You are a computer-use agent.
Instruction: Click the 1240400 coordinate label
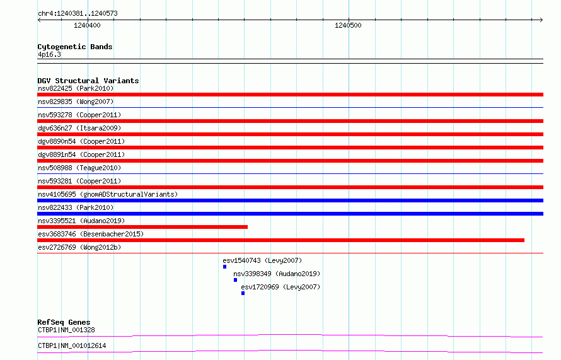click(87, 25)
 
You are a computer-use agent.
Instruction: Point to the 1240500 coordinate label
click(348, 25)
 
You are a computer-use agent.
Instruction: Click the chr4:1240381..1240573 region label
click(78, 13)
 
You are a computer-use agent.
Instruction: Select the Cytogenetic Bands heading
click(75, 47)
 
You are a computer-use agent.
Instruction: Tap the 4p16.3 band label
click(49, 54)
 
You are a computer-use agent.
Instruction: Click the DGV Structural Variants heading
click(88, 81)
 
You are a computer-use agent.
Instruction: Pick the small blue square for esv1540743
click(224, 267)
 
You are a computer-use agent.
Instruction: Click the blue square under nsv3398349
click(235, 280)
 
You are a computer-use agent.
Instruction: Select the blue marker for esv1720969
click(243, 293)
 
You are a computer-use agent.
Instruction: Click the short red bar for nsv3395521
click(142, 227)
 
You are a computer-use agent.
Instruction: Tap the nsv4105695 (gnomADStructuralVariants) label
click(108, 194)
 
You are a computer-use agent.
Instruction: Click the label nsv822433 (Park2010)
click(76, 207)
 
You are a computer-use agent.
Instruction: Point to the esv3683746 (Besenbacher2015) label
click(91, 234)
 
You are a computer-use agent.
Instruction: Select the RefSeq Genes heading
click(64, 322)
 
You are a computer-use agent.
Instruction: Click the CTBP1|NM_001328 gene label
click(66, 330)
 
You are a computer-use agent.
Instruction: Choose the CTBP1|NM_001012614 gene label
click(72, 345)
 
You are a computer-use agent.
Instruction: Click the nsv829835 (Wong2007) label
click(76, 102)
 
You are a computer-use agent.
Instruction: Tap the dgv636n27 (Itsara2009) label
click(79, 128)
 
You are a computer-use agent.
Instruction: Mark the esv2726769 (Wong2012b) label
click(79, 247)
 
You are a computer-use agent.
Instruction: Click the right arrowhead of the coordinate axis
click(542, 20)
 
